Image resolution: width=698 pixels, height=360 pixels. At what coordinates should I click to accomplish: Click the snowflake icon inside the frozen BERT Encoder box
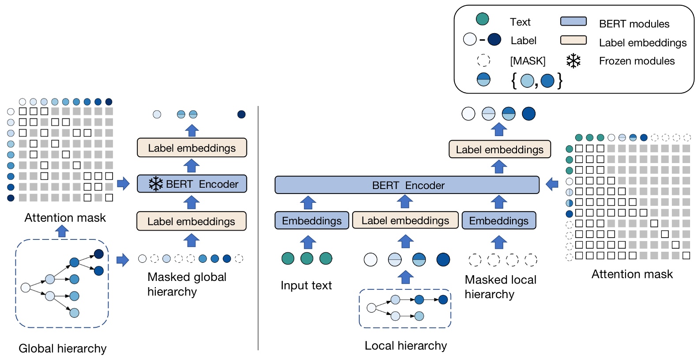pyautogui.click(x=155, y=184)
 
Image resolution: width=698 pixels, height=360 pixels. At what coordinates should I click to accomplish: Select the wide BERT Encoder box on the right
pyautogui.click(x=407, y=185)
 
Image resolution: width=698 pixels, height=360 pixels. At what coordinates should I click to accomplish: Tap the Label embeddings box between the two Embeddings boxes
pyautogui.click(x=405, y=220)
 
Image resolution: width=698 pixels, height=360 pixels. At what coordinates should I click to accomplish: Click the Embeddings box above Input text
pyautogui.click(x=312, y=220)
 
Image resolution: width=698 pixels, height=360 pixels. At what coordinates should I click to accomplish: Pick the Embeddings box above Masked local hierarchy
pyautogui.click(x=498, y=220)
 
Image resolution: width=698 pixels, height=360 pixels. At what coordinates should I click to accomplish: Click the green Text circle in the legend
pyautogui.click(x=482, y=19)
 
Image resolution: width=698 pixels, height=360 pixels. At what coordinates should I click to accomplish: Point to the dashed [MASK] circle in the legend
pyautogui.click(x=483, y=60)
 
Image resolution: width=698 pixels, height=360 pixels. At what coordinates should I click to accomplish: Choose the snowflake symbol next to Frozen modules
pyautogui.click(x=573, y=61)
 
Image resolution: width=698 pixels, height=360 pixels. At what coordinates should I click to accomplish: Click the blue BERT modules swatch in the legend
pyautogui.click(x=573, y=21)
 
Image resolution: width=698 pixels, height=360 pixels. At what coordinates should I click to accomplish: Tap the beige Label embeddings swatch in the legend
pyautogui.click(x=573, y=40)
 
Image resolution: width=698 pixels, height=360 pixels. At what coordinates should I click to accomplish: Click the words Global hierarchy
pyautogui.click(x=62, y=349)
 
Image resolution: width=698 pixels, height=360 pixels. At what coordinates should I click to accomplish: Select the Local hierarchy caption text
pyautogui.click(x=405, y=345)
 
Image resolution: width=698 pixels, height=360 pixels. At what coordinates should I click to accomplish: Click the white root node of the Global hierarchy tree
pyautogui.click(x=26, y=288)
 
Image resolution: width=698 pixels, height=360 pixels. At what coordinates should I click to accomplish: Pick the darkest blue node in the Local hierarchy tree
pyautogui.click(x=443, y=300)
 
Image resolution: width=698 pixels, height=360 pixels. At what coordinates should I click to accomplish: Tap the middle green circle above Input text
pyautogui.click(x=306, y=258)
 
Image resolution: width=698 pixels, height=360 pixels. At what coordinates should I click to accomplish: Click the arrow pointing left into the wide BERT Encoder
pyautogui.click(x=552, y=184)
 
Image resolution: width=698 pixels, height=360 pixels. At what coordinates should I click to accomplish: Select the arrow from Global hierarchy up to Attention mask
pyautogui.click(x=62, y=231)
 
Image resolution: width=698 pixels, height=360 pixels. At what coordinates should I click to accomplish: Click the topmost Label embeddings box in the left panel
pyautogui.click(x=192, y=148)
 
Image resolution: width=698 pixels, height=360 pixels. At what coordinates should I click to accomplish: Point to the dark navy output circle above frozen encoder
pyautogui.click(x=241, y=114)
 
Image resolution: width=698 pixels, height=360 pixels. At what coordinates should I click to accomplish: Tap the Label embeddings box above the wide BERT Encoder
pyautogui.click(x=499, y=149)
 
